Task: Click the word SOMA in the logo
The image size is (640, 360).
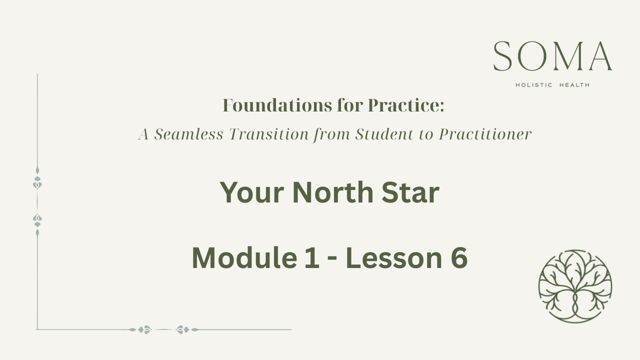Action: (552, 56)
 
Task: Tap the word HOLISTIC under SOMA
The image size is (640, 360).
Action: (534, 85)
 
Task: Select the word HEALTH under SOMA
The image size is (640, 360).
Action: (574, 85)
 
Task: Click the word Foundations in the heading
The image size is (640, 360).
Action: (277, 105)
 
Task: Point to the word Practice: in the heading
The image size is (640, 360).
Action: (406, 105)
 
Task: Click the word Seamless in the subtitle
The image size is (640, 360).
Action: (188, 134)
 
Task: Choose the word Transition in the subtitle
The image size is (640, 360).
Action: (269, 134)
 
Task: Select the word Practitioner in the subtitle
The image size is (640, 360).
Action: (485, 134)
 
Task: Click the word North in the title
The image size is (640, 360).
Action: (333, 192)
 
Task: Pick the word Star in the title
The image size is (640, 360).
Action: (410, 192)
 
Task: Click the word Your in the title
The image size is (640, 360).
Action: (251, 193)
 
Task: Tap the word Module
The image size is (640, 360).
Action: (244, 257)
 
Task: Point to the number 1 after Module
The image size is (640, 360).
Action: (311, 257)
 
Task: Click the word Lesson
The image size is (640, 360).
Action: (394, 257)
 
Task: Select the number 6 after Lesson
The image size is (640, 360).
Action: (459, 257)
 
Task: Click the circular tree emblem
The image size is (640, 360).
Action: (575, 286)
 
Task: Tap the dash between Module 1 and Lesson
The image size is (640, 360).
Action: (332, 259)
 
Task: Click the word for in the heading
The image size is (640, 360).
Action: (350, 105)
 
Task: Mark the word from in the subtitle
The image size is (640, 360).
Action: (332, 134)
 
